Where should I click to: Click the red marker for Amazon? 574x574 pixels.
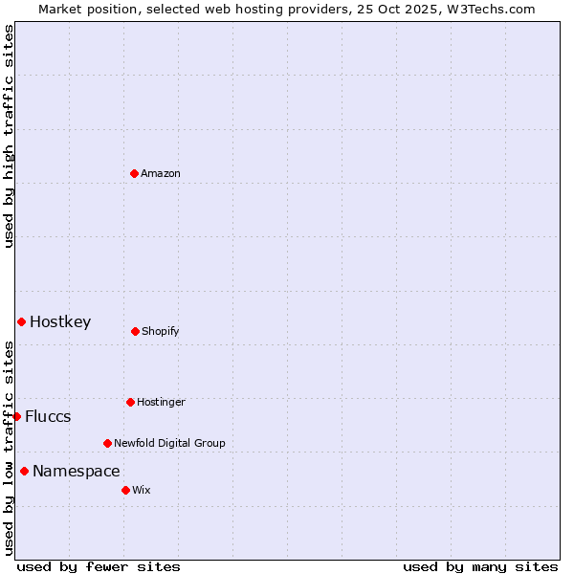135,173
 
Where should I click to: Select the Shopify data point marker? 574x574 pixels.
135,331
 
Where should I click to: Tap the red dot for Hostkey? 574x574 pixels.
21,321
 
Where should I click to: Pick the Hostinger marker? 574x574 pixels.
130,402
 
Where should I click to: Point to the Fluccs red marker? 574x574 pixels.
16,416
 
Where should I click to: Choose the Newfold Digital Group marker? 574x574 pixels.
107,443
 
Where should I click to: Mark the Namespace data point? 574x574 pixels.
24,471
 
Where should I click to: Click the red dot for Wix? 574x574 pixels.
125,490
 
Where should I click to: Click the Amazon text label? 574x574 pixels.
161,173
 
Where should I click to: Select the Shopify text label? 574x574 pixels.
161,331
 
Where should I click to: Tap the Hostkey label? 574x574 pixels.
60,321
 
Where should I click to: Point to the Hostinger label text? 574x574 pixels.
161,402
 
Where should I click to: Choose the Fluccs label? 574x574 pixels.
48,416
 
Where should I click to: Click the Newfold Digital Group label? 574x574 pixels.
169,443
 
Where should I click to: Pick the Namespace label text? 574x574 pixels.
77,471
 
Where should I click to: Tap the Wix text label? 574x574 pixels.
142,490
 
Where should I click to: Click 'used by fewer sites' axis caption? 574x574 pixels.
98,566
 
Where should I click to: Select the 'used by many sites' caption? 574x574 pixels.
480,566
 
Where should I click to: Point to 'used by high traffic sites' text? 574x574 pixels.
9,136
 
